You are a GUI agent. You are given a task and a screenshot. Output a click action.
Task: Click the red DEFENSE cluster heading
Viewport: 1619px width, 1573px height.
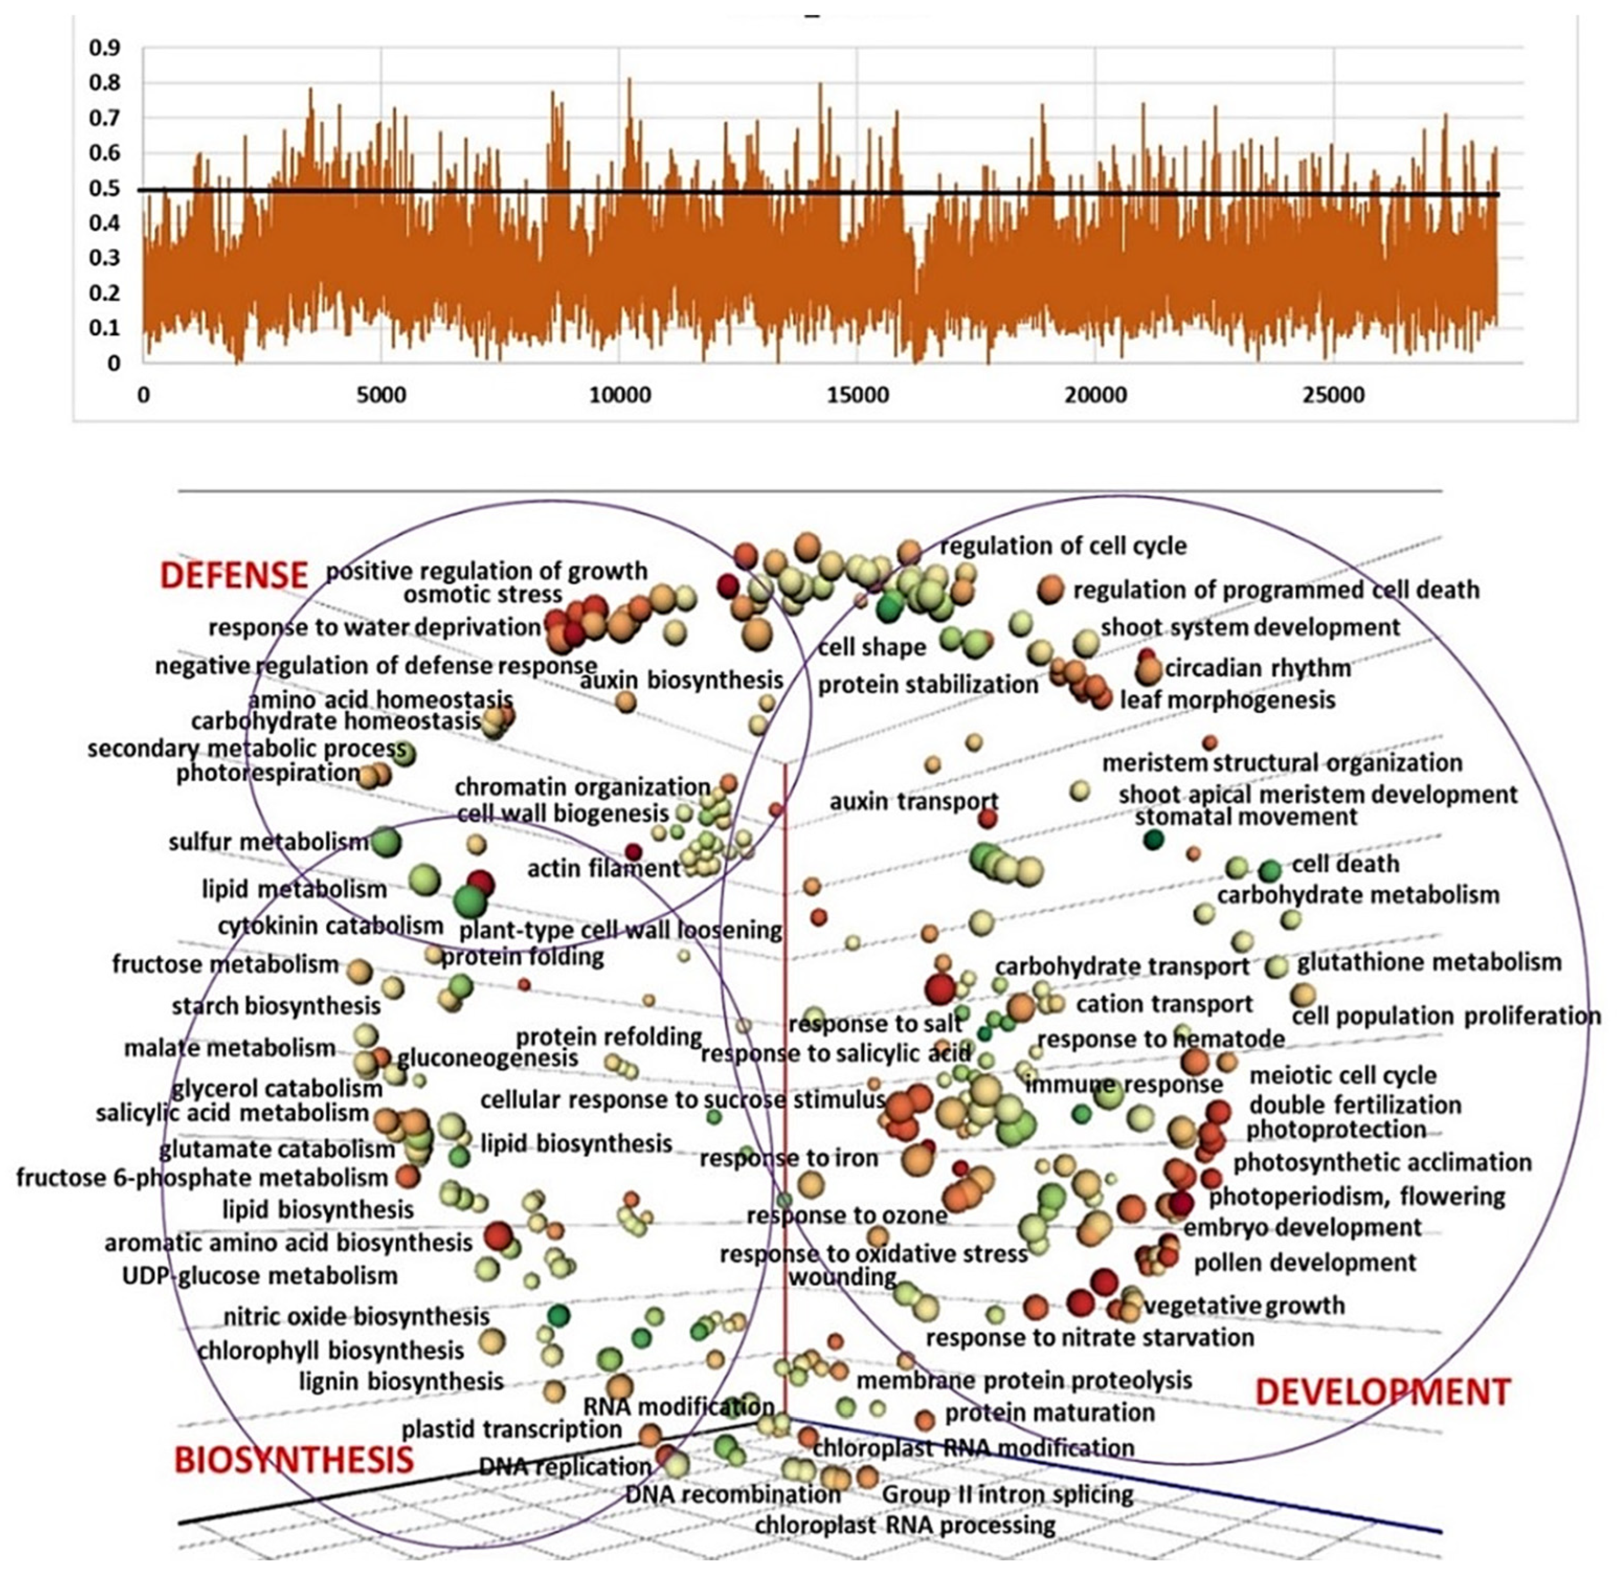(234, 575)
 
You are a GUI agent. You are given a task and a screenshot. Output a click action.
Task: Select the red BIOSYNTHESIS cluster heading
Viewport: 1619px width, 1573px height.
(294, 1461)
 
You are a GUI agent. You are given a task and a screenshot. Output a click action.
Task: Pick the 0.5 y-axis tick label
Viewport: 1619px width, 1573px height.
(104, 188)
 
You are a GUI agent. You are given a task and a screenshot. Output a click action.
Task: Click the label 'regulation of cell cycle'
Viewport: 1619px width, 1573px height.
(1063, 546)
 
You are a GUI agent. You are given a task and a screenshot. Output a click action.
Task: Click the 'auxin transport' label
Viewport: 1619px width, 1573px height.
(914, 802)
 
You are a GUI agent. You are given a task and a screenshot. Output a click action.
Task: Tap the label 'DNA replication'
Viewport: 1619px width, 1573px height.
(565, 1466)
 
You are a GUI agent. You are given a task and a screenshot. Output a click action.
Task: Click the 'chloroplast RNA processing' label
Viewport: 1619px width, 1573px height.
(905, 1525)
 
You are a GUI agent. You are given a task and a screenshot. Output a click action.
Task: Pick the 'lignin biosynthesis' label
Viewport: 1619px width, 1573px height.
(401, 1381)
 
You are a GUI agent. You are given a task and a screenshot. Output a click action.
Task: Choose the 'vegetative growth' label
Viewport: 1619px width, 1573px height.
(1244, 1305)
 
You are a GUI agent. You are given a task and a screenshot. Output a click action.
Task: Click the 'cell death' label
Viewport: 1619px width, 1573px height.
(1345, 864)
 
